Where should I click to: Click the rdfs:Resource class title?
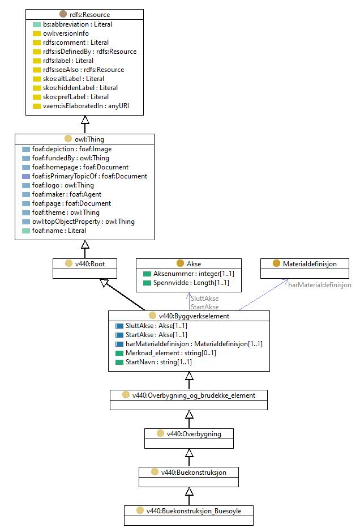89,15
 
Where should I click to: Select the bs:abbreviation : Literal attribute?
78,24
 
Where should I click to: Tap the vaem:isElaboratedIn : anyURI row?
86,106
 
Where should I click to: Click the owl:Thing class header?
89,139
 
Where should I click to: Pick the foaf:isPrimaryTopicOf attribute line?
89,176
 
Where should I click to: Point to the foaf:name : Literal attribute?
59,231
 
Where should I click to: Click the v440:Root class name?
90,263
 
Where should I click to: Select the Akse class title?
194,263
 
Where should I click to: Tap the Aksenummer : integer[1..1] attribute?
194,274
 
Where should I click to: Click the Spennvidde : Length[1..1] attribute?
191,283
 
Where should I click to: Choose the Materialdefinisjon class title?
310,263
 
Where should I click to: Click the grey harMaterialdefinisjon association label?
320,285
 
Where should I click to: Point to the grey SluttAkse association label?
204,299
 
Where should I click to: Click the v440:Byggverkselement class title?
194,316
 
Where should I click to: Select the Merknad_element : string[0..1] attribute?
171,353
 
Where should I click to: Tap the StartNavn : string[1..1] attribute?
158,362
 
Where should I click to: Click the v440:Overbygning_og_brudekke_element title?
194,395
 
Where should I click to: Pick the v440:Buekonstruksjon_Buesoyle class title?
194,510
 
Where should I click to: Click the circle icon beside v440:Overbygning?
160,433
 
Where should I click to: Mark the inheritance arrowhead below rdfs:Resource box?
85,120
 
